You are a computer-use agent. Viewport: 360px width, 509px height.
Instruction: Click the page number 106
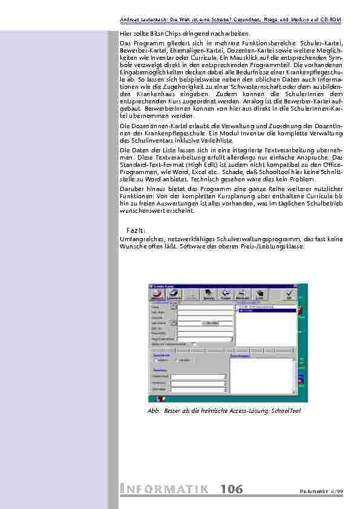(232, 489)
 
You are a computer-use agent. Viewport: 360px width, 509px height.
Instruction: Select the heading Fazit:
(136, 230)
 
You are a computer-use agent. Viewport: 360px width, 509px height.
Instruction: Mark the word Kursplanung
(233, 196)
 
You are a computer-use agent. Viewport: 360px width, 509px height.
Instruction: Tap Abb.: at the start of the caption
(155, 411)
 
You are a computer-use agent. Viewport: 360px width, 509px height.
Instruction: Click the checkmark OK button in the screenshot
(289, 294)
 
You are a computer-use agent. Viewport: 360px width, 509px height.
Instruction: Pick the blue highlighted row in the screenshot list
(266, 310)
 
